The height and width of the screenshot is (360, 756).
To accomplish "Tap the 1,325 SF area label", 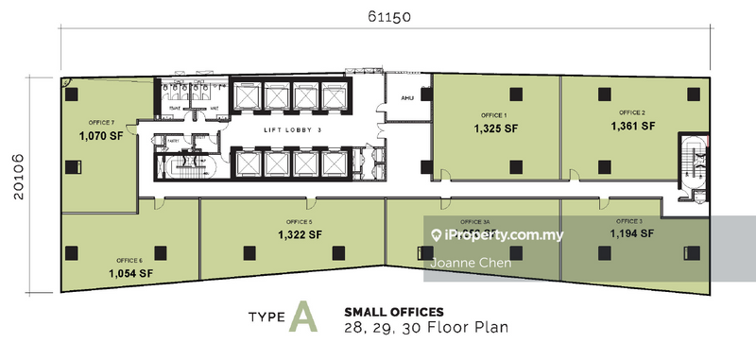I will [495, 128].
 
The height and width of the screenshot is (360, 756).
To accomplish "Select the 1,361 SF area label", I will [632, 125].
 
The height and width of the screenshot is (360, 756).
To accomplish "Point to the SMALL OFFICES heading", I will [394, 310].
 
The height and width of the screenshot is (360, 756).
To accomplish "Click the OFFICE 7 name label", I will [101, 123].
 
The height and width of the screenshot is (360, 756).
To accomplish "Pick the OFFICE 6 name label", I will [129, 260].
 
